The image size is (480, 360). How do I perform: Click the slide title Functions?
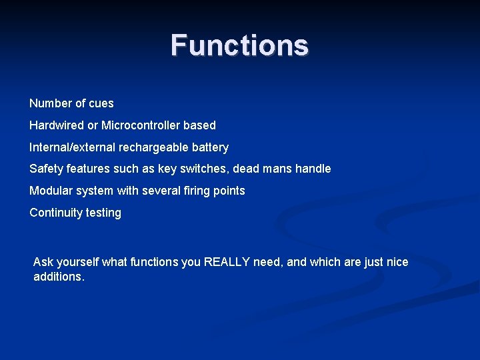[239, 46]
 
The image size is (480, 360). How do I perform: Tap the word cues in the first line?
[101, 103]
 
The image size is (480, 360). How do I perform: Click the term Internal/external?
[72, 147]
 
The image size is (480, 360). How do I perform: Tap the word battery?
[209, 147]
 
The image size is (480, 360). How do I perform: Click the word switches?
[200, 169]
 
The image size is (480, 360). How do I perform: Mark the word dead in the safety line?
[244, 169]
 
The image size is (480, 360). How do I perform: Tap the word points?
[230, 191]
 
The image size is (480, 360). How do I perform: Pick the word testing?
[103, 213]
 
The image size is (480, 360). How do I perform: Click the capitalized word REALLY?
[227, 262]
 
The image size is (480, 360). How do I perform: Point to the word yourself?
[76, 262]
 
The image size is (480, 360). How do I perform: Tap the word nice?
[397, 262]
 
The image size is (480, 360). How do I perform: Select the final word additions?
[58, 277]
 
